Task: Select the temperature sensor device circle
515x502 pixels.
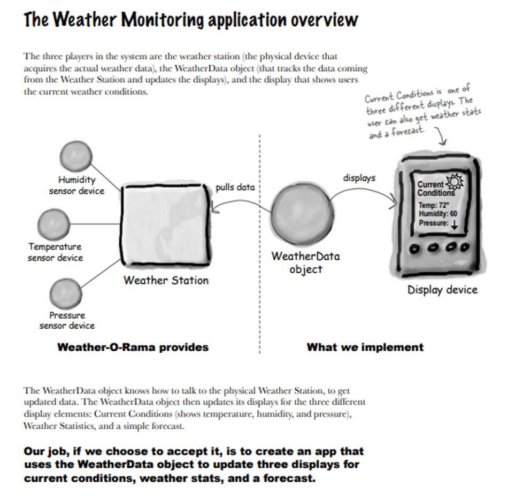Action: pos(54,223)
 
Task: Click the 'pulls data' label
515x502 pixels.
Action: pos(235,188)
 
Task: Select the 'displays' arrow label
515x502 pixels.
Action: pos(359,177)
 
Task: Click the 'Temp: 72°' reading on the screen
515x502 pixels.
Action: pos(434,205)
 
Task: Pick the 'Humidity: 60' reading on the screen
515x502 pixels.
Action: pos(437,214)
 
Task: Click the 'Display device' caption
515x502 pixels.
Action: pos(442,290)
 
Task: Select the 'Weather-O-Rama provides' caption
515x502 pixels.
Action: pos(133,347)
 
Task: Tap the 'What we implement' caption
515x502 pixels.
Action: pos(365,347)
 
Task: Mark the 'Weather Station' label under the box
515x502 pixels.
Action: pos(166,280)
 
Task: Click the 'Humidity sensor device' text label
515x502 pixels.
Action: pos(76,186)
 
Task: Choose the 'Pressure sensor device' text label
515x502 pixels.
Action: pos(67,320)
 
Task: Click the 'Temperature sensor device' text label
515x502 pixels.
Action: pos(55,252)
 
